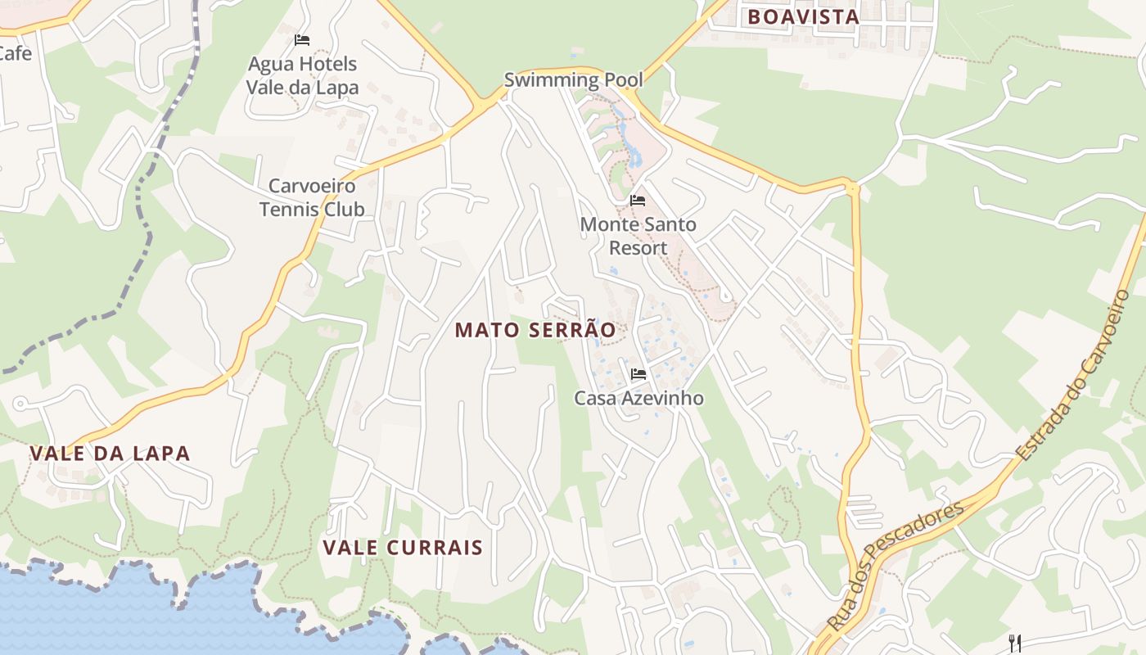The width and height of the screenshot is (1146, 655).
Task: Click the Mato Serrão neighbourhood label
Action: tap(535, 330)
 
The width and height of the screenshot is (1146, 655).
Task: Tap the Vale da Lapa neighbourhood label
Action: tap(110, 454)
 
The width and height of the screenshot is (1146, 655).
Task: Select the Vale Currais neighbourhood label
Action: tap(403, 548)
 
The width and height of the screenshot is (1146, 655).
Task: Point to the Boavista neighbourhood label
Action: tap(803, 16)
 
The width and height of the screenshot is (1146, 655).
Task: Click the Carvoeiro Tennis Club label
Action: tap(312, 197)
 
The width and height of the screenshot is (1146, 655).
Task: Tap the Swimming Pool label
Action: tap(573, 80)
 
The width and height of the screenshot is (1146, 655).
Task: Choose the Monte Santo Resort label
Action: tap(638, 236)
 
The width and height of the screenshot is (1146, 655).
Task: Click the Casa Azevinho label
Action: tap(638, 399)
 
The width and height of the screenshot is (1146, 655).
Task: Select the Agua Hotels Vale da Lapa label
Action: tap(303, 75)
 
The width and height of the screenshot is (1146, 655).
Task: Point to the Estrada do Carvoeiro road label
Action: tap(1073, 375)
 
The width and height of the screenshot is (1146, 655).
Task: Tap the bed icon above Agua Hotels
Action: tap(302, 39)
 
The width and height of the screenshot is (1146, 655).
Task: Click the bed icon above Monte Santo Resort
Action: tap(638, 200)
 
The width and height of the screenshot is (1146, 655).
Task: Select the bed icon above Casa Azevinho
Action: tap(638, 374)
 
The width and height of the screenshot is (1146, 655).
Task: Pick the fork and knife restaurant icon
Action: tap(1015, 643)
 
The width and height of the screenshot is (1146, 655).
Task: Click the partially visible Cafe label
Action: tap(15, 54)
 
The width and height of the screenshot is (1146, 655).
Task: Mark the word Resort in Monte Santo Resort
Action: tap(638, 247)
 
